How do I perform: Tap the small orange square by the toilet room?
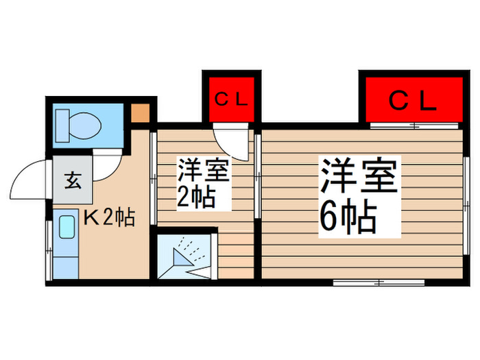click(x=140, y=112)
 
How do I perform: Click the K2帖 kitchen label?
click(x=108, y=218)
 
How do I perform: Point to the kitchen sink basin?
click(x=67, y=227)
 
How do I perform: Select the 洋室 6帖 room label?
click(x=357, y=195)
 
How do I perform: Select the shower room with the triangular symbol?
click(x=185, y=257)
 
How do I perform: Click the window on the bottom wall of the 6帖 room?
click(x=379, y=282)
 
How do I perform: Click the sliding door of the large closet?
click(x=415, y=125)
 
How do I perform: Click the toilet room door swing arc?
click(x=106, y=167)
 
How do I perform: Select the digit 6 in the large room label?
click(x=330, y=219)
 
